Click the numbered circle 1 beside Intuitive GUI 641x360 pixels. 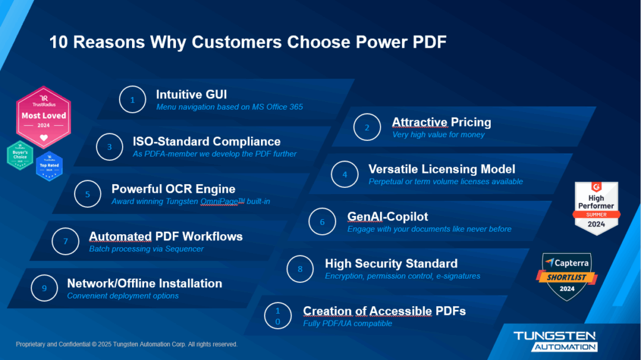coord(132,100)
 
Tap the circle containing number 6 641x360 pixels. coord(322,222)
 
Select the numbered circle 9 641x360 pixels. coord(44,288)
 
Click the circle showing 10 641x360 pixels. coord(278,316)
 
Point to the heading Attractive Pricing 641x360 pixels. coord(441,122)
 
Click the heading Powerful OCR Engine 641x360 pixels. coord(173,188)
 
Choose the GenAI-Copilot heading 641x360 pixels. coord(387,217)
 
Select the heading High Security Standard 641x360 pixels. coord(391,263)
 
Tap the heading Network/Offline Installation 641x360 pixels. coord(145,283)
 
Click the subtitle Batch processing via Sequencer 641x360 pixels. coord(146,249)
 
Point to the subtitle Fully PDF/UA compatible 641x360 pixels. coord(347,324)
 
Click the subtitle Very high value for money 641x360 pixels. coord(438,135)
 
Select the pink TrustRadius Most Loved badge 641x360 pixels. coord(43,116)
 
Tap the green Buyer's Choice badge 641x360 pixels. coord(20,156)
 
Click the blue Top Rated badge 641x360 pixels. coord(49,166)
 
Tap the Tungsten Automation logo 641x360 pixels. coord(555,341)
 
